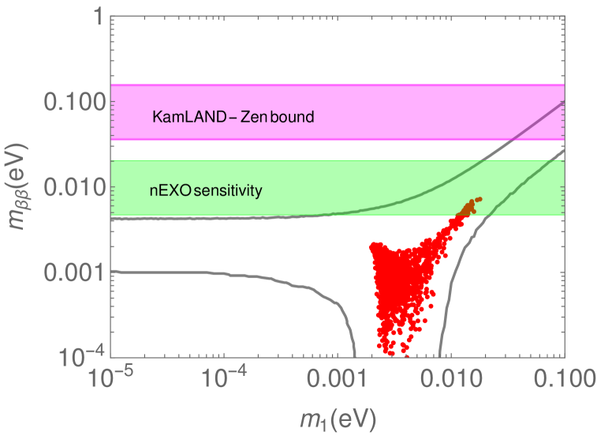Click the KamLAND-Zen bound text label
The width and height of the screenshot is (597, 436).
(x=233, y=118)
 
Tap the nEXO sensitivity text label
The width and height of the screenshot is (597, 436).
(x=206, y=190)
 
